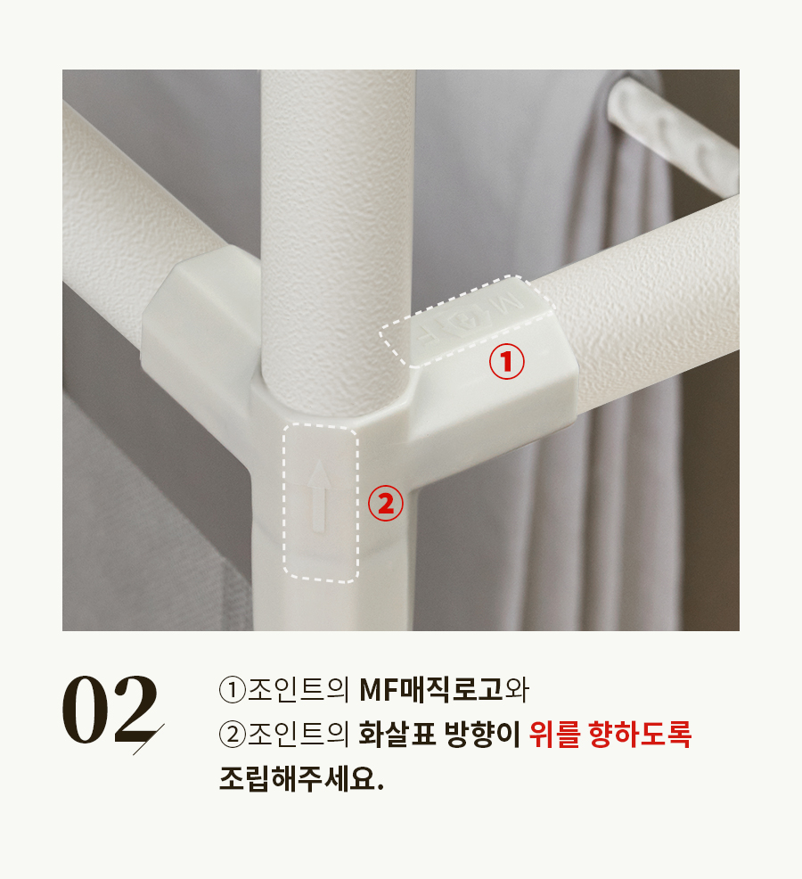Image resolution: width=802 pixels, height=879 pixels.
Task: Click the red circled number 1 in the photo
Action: [507, 362]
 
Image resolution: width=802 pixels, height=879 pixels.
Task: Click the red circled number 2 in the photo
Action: [386, 504]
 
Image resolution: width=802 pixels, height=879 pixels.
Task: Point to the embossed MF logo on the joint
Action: [471, 319]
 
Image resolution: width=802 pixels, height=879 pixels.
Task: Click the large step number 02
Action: [110, 710]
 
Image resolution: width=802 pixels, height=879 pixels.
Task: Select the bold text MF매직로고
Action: [431, 689]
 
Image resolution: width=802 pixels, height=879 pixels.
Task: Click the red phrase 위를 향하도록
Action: [610, 735]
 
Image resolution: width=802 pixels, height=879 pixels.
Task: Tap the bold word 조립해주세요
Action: [301, 778]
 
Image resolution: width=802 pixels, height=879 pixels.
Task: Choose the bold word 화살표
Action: [397, 735]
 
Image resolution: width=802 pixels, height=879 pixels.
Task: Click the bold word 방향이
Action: [483, 735]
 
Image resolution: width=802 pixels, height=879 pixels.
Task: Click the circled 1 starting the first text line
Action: [233, 690]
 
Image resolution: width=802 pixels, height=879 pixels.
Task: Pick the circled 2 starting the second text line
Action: [233, 735]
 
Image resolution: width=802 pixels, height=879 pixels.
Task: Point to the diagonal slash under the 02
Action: [149, 739]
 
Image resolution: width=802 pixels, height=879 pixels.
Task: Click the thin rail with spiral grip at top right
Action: [673, 129]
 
